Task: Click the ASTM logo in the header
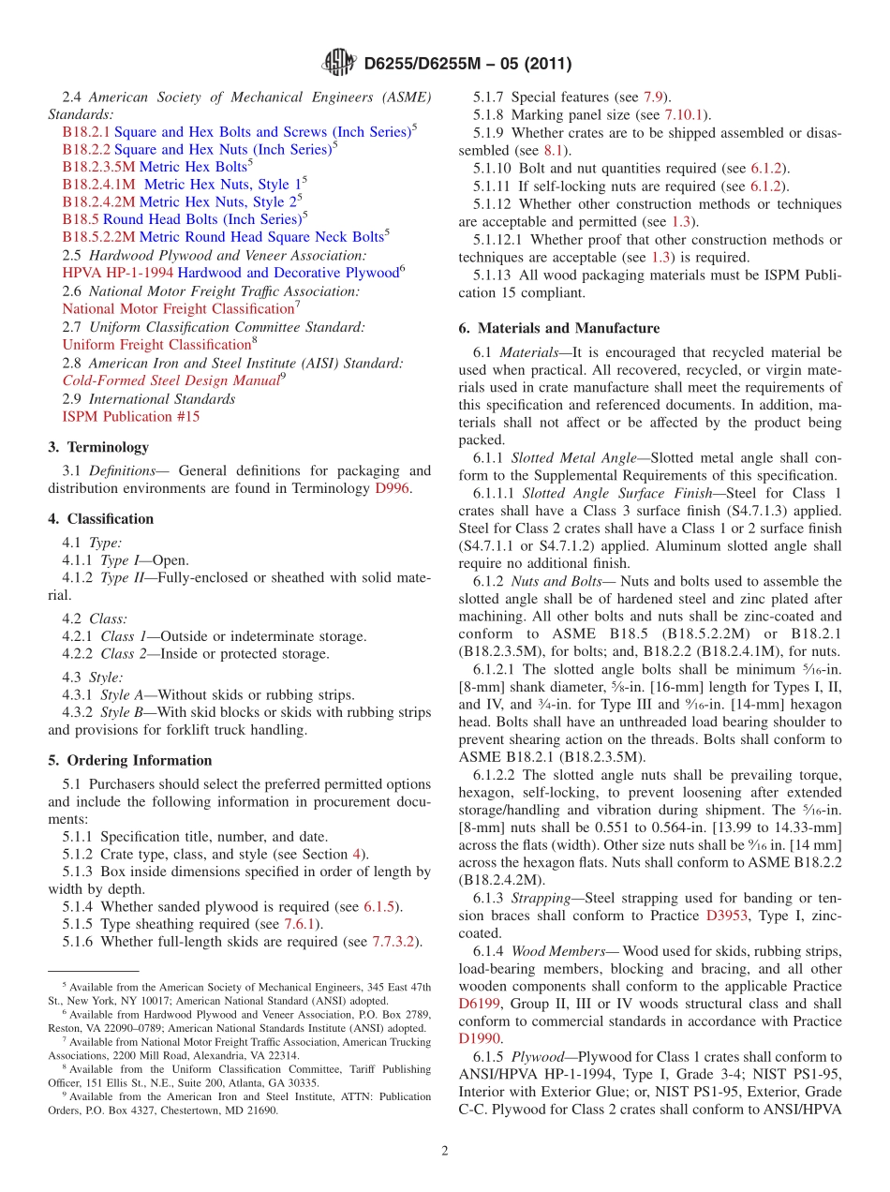[338, 64]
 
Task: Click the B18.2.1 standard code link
[86, 132]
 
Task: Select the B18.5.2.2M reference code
[98, 237]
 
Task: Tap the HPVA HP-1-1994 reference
[118, 273]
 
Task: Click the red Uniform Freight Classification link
[156, 345]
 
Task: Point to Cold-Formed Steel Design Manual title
[171, 380]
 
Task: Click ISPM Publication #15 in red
[130, 416]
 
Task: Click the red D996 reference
[392, 488]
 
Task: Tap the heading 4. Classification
[101, 519]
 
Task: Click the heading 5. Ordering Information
[130, 760]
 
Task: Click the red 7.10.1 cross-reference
[687, 114]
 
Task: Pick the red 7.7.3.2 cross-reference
[394, 942]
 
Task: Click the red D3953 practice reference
[727, 916]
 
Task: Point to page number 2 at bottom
[445, 1152]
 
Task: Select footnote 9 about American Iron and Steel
[239, 1104]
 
